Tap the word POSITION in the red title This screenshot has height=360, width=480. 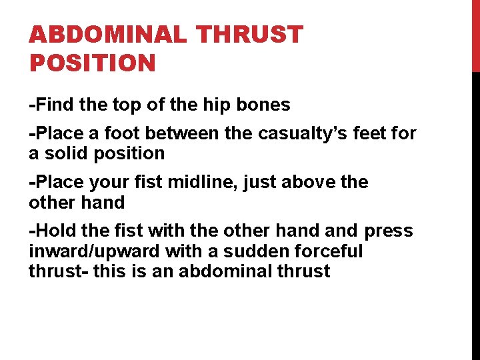[92, 63]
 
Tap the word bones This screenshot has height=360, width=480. [267, 105]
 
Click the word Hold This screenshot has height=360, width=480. [55, 231]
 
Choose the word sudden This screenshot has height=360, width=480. [253, 251]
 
